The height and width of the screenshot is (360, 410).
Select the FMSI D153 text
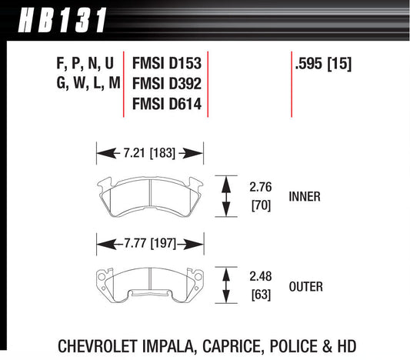(166, 65)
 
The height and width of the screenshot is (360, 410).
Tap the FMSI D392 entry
(166, 84)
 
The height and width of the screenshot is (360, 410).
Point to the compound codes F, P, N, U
(82, 65)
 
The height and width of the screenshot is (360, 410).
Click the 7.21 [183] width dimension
(148, 154)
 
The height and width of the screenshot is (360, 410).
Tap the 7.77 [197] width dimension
(148, 244)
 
